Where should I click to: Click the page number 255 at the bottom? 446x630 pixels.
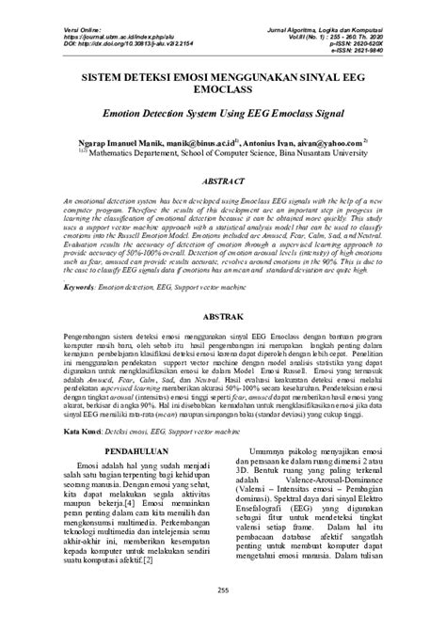pyautogui.click(x=223, y=590)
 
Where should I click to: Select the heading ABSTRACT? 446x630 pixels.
pyautogui.click(x=223, y=179)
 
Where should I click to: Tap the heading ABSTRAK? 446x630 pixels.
pyautogui.click(x=223, y=318)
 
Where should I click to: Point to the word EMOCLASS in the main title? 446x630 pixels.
pyautogui.click(x=223, y=92)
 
